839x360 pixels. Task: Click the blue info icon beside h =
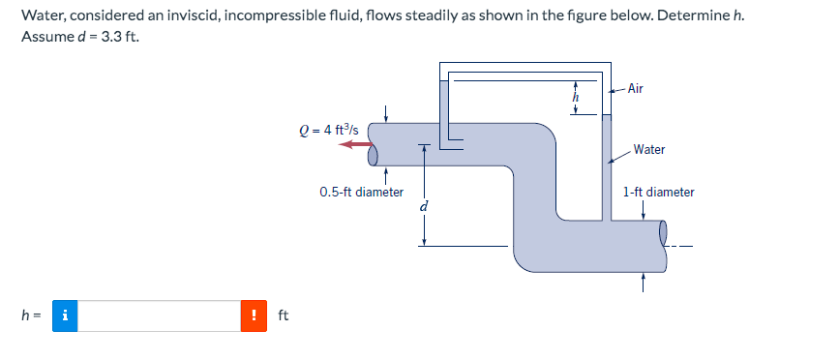click(64, 315)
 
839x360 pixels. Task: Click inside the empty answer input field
click(159, 315)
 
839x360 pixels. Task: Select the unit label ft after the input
click(283, 315)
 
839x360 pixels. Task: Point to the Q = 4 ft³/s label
click(329, 129)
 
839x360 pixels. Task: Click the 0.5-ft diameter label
click(361, 193)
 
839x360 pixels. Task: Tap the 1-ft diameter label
click(659, 193)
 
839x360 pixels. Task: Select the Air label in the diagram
click(635, 89)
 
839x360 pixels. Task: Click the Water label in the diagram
click(648, 150)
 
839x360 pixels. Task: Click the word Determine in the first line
click(688, 16)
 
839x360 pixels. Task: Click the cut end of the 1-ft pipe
click(664, 233)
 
